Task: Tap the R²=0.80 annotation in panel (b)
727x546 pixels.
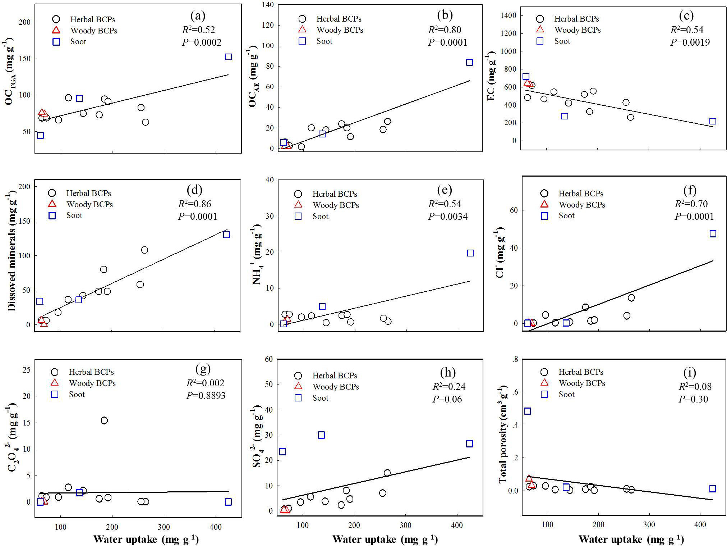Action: pos(445,30)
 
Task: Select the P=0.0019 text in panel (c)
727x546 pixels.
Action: pos(690,42)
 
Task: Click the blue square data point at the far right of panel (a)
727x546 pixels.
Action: pos(228,57)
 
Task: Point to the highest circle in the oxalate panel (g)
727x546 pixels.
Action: pos(104,420)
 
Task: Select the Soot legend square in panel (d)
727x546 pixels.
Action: pos(52,215)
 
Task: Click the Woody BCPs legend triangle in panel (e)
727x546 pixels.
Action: pos(298,205)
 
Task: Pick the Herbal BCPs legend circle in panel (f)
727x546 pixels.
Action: pos(544,194)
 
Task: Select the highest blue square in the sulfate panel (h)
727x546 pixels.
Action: pos(321,435)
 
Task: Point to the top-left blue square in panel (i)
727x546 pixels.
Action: pos(527,411)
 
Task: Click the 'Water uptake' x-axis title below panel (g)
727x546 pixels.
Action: pos(146,539)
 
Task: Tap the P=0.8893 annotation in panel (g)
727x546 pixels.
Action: pos(206,396)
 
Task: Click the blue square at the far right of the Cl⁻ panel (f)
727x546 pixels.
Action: pos(713,234)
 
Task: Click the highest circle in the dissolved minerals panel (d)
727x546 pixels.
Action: pos(144,250)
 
